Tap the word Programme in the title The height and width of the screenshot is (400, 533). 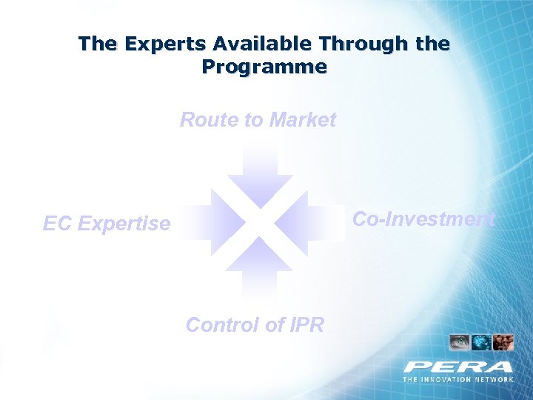[x=264, y=67]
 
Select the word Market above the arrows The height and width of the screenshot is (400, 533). [x=303, y=119]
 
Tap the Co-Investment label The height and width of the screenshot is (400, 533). [x=423, y=219]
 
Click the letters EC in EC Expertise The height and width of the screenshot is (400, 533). [x=56, y=223]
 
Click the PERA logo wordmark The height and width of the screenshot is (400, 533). [x=458, y=367]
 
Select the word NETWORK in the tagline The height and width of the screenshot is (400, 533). [x=496, y=379]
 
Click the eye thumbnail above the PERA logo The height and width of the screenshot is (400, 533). [x=460, y=342]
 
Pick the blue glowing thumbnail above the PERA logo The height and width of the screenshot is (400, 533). [x=481, y=342]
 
